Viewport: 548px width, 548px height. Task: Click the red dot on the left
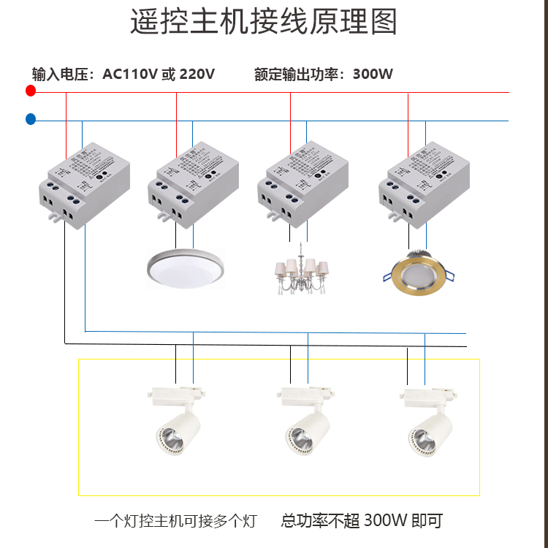click(30, 91)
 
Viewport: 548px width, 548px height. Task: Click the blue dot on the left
click(30, 119)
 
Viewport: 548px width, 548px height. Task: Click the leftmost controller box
click(83, 186)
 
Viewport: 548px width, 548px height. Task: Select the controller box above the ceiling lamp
click(194, 186)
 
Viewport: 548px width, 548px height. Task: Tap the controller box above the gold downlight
click(425, 187)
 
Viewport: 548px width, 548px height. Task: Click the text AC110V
click(130, 74)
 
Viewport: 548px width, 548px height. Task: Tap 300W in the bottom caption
click(384, 521)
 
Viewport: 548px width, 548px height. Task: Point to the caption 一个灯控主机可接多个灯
click(176, 521)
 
